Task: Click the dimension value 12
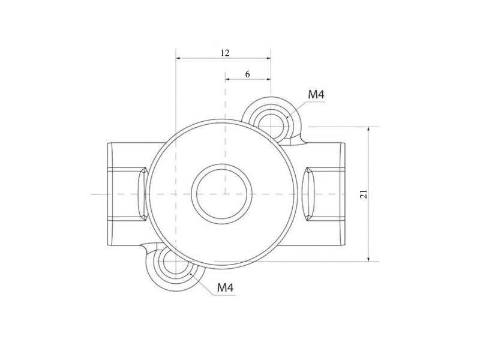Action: [x=224, y=53]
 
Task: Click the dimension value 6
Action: [x=247, y=74]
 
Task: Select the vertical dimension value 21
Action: [x=364, y=194]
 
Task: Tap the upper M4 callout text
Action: [x=316, y=95]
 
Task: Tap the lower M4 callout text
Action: [x=225, y=287]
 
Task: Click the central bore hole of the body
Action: [x=221, y=194]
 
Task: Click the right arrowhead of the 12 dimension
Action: [x=268, y=58]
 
